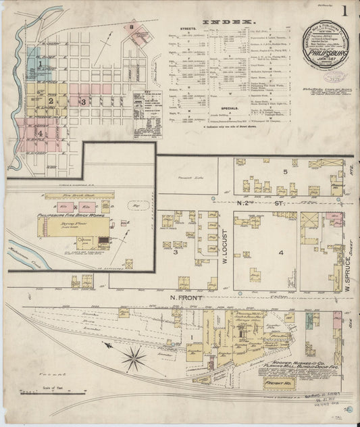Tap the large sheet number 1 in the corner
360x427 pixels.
[344, 11]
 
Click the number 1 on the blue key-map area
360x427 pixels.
[41, 64]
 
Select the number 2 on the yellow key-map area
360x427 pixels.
[50, 101]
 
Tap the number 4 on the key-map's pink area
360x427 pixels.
[41, 133]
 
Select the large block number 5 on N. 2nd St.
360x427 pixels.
[286, 172]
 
